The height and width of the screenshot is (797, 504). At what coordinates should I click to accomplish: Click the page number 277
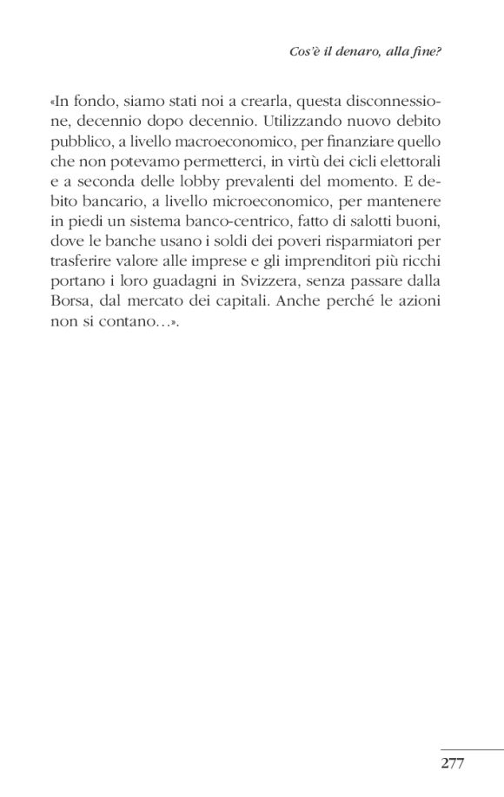pos(454,763)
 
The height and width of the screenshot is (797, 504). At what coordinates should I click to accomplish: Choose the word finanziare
pos(371,141)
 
